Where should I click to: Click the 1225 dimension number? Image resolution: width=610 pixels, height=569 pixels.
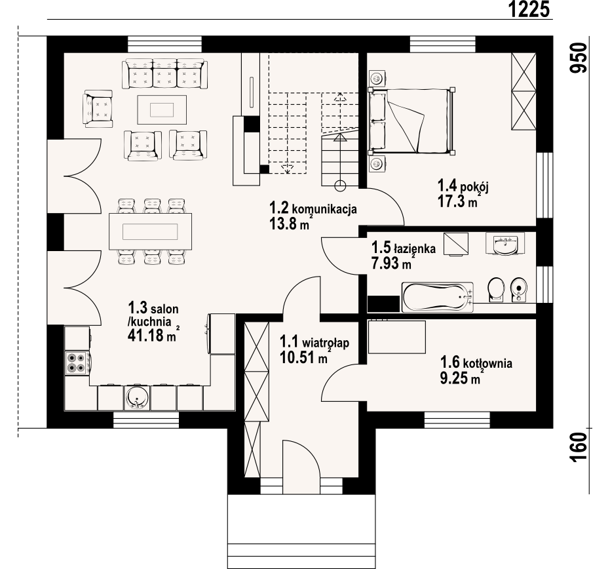tap(529, 9)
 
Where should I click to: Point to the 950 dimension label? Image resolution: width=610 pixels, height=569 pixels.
tap(579, 58)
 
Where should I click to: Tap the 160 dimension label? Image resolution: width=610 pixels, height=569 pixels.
tap(579, 447)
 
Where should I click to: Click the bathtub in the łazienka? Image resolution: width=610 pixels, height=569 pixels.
tap(438, 297)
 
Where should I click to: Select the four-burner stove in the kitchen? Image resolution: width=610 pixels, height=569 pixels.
tap(76, 363)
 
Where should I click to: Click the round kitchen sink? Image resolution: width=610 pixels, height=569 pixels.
tap(136, 398)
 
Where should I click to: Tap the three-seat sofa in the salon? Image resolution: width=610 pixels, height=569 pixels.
tap(164, 74)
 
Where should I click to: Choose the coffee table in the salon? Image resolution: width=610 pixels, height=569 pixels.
tap(162, 109)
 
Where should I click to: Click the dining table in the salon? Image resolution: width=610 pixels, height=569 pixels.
tap(150, 231)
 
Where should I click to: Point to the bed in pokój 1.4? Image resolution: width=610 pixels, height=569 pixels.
tap(411, 121)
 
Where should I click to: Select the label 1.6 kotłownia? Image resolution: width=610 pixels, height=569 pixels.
tap(476, 363)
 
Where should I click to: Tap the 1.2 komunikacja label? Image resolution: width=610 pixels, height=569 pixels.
tap(313, 208)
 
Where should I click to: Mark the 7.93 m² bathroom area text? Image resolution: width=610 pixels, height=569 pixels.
tap(392, 264)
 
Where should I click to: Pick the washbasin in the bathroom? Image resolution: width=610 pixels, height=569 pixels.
tap(505, 244)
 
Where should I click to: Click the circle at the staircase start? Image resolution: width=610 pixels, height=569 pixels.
tap(341, 186)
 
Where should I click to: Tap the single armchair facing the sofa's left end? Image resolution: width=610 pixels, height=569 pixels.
tap(98, 108)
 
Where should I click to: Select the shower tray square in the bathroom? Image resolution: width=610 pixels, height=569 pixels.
tap(456, 245)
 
